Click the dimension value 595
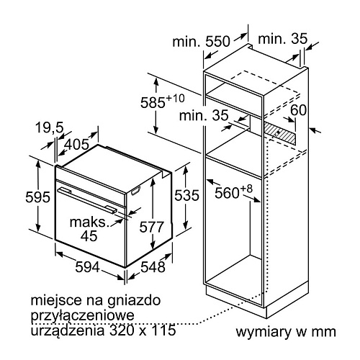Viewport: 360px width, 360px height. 37,197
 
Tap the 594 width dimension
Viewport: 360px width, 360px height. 87,267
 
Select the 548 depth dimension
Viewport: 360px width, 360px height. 153,266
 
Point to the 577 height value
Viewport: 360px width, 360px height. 152,227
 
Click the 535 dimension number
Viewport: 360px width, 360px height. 186,195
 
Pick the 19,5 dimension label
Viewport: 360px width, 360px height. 50,127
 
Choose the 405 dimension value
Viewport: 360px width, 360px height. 77,145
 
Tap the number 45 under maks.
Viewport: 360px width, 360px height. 89,235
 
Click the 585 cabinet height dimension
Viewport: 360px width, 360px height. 153,103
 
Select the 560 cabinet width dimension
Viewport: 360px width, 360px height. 227,193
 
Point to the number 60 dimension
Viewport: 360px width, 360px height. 299,110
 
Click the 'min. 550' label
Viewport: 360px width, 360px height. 202,42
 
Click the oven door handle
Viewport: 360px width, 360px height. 87,200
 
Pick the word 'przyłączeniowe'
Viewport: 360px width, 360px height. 83,315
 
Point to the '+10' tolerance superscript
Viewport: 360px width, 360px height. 176,99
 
